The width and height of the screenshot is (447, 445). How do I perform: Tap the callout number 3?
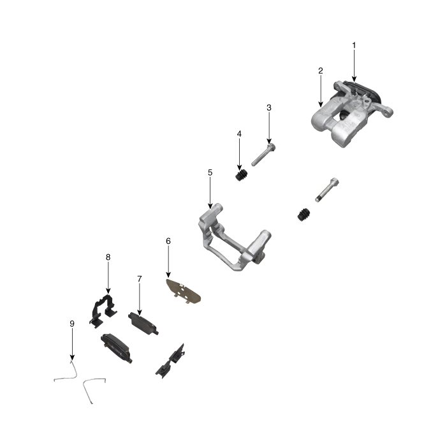click(x=269, y=108)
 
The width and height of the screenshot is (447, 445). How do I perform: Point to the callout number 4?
click(x=239, y=134)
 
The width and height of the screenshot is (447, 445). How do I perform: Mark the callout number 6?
click(x=168, y=241)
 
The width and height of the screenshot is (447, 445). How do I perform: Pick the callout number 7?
click(x=138, y=279)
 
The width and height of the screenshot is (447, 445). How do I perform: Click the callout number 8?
click(x=108, y=257)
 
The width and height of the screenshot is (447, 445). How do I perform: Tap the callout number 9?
click(x=72, y=324)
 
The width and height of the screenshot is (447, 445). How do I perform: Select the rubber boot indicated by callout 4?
click(x=241, y=176)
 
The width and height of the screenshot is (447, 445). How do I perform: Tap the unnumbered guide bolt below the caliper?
click(x=325, y=190)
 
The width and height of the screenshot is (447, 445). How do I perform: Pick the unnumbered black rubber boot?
click(x=304, y=215)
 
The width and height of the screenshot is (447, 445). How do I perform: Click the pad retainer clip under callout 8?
click(x=103, y=308)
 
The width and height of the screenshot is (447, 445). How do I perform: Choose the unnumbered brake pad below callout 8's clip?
click(x=117, y=347)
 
